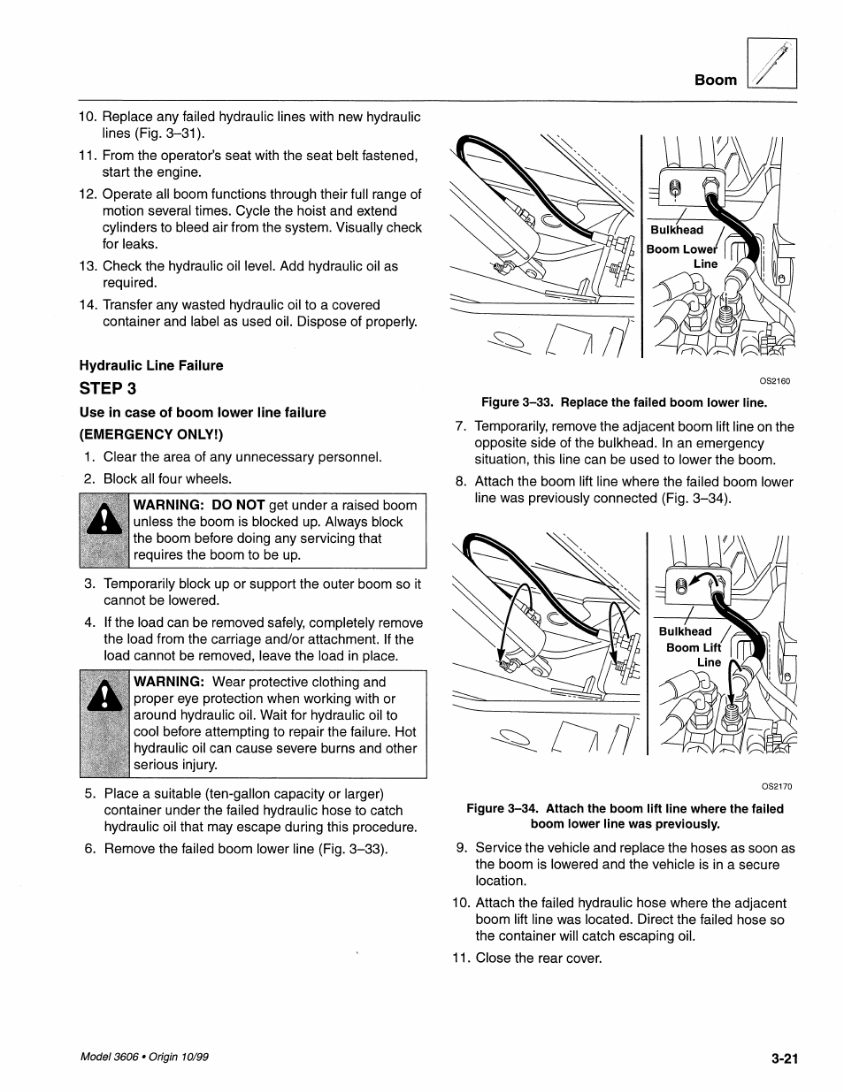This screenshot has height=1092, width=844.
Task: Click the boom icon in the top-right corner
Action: (771, 65)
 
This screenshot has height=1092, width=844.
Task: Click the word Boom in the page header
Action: (715, 80)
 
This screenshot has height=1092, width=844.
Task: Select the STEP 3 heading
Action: (107, 388)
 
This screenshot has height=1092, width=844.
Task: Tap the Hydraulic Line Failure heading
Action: (151, 365)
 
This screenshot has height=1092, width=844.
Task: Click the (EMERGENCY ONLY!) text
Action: (151, 434)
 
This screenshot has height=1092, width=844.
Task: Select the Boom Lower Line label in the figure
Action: (684, 256)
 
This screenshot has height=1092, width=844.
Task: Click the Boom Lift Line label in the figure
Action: (694, 654)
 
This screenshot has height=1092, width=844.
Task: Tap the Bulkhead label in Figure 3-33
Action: (677, 230)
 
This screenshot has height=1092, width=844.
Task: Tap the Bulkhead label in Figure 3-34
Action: (685, 631)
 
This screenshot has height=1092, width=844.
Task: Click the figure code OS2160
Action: (774, 381)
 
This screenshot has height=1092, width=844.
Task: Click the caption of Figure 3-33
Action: (624, 402)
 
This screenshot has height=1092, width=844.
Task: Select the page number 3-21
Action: (784, 1058)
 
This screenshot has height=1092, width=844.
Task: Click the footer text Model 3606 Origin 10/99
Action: (144, 1058)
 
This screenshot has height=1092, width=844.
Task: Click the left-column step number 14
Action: (88, 305)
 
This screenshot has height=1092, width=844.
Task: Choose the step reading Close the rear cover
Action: (538, 958)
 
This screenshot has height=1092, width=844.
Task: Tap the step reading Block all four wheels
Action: (167, 479)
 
